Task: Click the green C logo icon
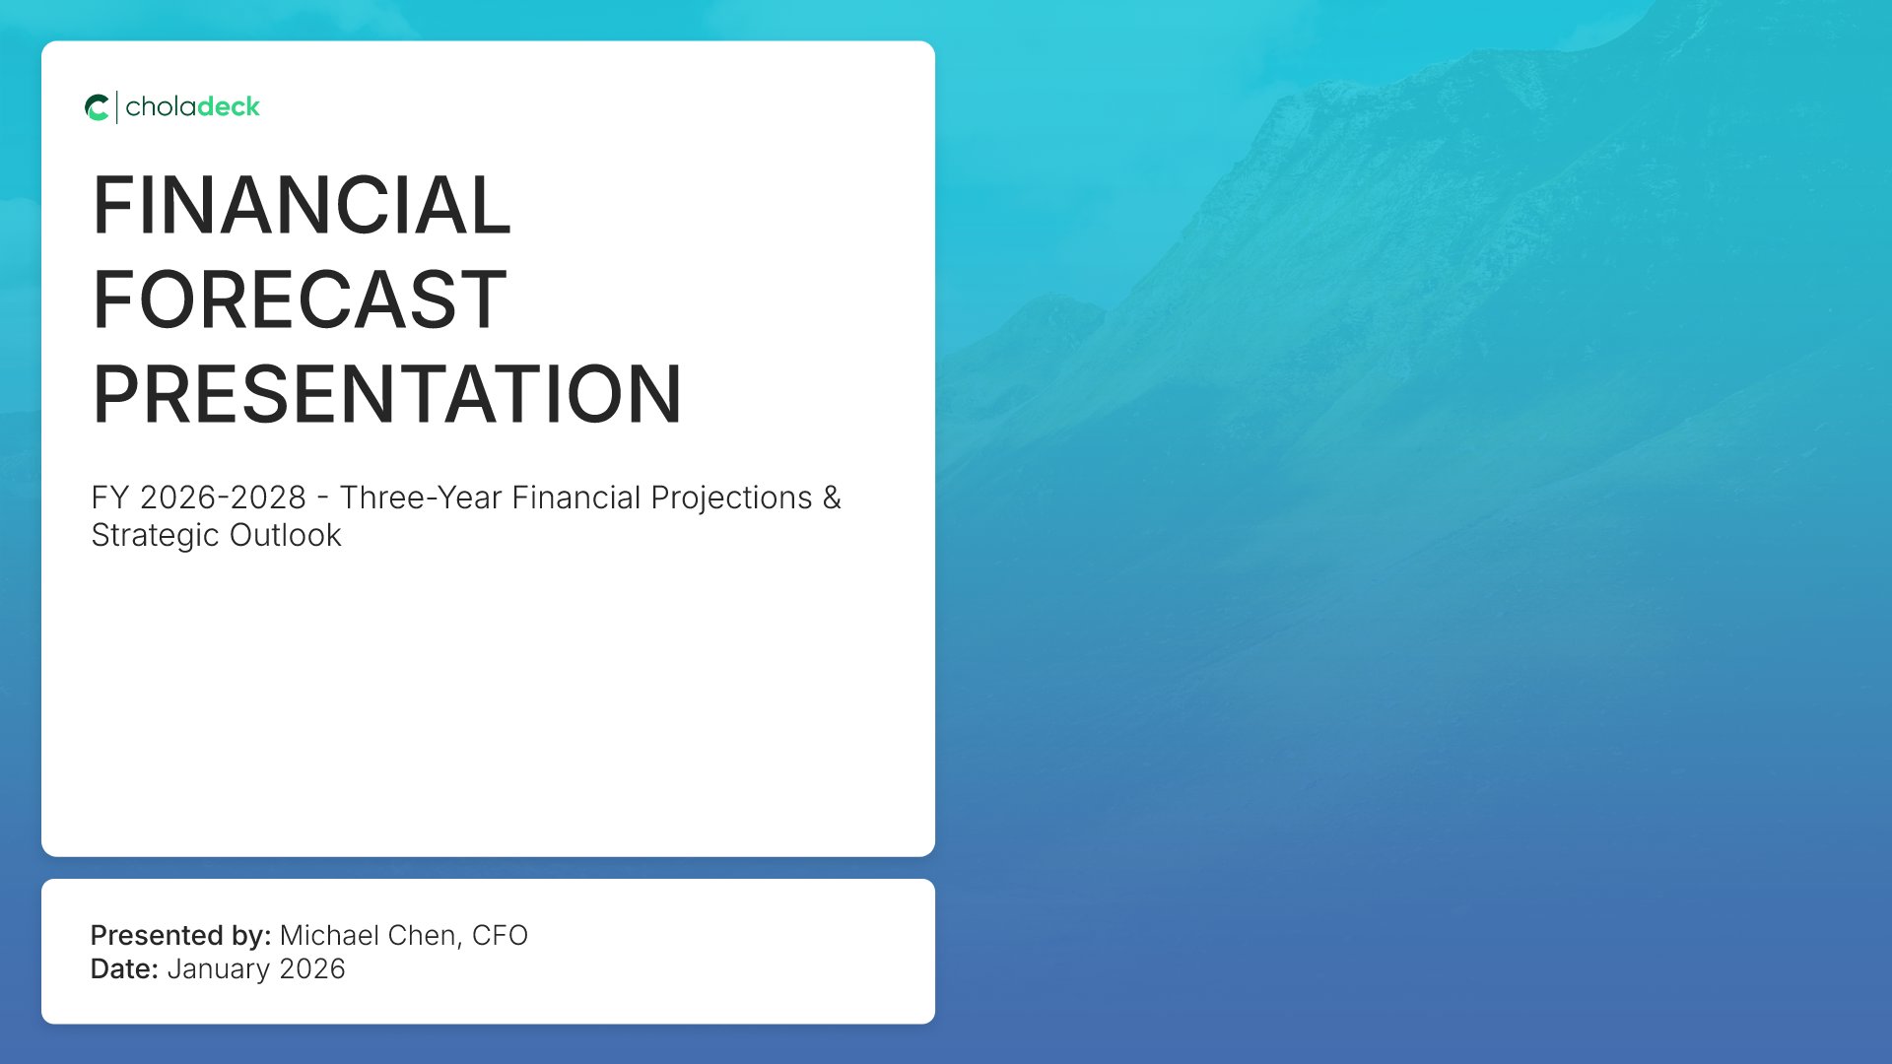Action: [98, 107]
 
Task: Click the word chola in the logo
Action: [160, 106]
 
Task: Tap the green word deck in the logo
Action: [228, 106]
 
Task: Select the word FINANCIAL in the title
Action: [302, 205]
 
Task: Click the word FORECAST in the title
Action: [300, 299]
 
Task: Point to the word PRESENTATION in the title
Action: [387, 394]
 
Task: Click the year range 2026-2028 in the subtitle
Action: [223, 498]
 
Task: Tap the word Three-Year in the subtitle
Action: [421, 498]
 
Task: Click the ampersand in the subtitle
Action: [833, 498]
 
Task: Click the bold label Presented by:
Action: [180, 935]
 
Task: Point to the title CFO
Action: [500, 935]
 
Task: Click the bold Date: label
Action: [124, 968]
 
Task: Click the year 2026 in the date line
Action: [312, 968]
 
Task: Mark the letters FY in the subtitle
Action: [110, 498]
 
